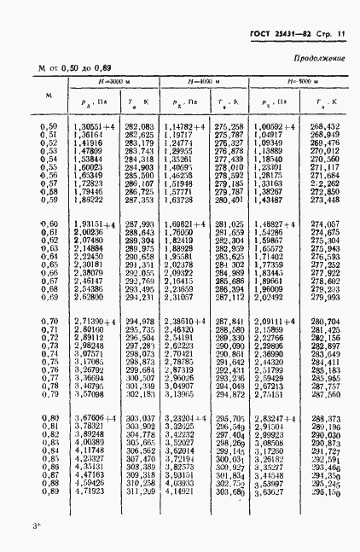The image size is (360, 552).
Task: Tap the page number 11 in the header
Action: tap(342, 34)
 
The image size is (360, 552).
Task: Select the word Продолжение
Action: tap(320, 58)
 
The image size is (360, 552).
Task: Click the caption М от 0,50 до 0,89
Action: tap(75, 67)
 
